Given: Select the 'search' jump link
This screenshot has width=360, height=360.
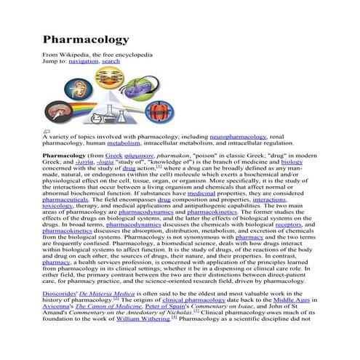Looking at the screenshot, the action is (111, 62).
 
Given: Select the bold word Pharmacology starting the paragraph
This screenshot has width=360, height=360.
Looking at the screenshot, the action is (64, 156).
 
